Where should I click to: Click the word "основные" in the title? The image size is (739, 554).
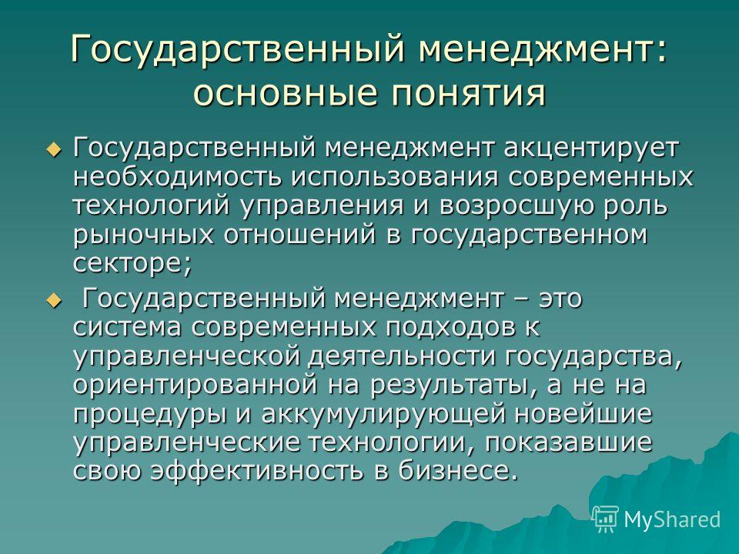(286, 92)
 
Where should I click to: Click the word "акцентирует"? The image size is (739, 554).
(591, 149)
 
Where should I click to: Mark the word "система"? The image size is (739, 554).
(127, 327)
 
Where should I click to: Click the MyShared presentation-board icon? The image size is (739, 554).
(605, 519)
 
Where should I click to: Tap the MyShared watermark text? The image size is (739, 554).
(672, 519)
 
